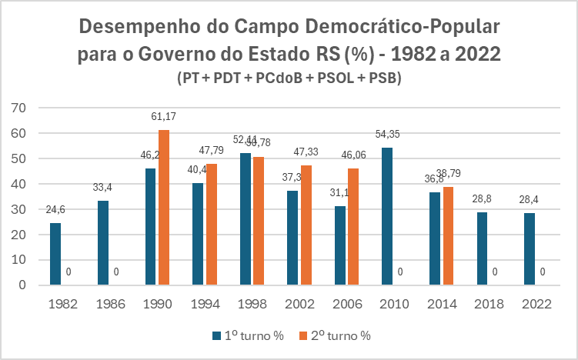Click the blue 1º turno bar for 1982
click(x=55, y=254)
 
